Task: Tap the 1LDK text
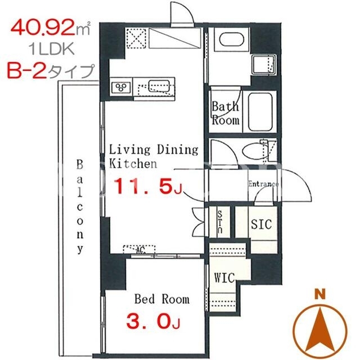51,49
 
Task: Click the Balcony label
80,206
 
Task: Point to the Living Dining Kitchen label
154,156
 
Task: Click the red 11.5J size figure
148,186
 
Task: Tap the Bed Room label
162,299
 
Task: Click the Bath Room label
226,114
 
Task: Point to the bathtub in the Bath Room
260,112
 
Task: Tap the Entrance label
263,184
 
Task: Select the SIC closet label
261,224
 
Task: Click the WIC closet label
224,277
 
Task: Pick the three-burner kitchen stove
121,87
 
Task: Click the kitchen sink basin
159,85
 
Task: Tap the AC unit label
141,250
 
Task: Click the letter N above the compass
320,295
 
